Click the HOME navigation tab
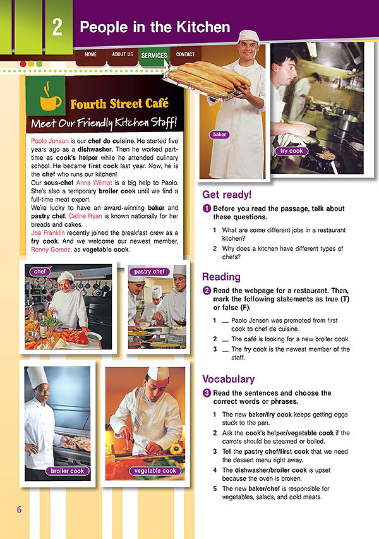[91, 55]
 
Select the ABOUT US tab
[123, 55]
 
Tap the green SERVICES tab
[154, 56]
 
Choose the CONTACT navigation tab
[185, 55]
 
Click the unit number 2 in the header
[57, 28]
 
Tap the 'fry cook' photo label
[292, 151]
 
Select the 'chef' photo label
[40, 272]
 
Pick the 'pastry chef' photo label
[150, 272]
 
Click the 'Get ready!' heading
[226, 195]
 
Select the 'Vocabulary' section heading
[228, 379]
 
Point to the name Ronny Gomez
[51, 250]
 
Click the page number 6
[19, 509]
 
